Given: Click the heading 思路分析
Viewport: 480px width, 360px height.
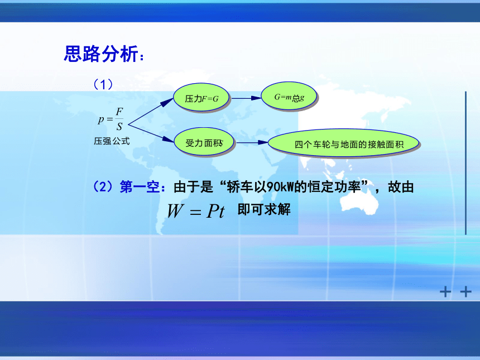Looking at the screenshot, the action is [101, 54].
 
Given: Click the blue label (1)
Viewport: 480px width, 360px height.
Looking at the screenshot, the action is [103, 84].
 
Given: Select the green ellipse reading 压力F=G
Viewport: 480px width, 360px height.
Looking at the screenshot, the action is [201, 98].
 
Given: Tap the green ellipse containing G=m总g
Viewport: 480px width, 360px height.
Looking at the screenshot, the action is [289, 97].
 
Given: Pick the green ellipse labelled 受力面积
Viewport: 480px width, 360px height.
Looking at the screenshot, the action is [204, 142].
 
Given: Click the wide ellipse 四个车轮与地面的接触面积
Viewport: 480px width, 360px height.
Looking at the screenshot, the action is [343, 143].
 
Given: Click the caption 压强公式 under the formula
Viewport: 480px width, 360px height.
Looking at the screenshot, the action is [112, 141].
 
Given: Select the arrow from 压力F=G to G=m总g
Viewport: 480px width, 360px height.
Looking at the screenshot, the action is [246, 98].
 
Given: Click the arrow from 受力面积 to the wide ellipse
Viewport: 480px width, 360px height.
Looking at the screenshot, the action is [252, 142].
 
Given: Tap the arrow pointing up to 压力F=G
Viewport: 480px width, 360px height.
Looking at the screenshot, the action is [151, 112].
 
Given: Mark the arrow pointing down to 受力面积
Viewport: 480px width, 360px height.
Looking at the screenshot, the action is [151, 133].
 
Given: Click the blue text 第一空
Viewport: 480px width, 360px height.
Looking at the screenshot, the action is [140, 187].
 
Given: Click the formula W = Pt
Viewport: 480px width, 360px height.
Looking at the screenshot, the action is [196, 210].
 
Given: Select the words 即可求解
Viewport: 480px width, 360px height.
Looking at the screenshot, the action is [264, 210].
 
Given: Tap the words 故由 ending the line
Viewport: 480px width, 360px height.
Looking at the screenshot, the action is [401, 187].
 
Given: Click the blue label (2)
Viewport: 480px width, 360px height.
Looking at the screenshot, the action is [103, 186].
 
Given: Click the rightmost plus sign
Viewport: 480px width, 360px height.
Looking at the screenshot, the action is [465, 292].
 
